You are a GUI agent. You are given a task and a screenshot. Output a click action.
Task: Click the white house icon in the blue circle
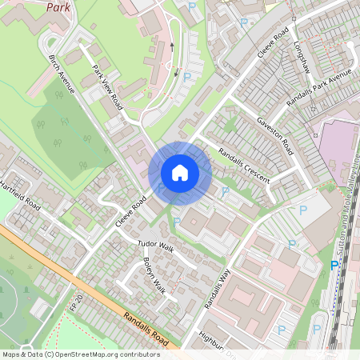(x=180, y=173)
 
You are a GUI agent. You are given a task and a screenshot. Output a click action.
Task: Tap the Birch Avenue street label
(x=61, y=74)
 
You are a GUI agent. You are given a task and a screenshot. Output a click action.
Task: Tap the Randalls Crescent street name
(x=244, y=165)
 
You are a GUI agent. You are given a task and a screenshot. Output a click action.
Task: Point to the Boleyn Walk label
(x=154, y=274)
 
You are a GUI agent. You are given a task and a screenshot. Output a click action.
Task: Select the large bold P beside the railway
(x=334, y=266)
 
